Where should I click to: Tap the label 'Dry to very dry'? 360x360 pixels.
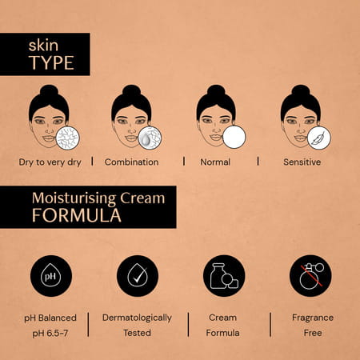point(50,162)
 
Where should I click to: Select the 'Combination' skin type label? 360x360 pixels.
point(131,162)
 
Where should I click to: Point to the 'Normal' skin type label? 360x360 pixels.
point(216,162)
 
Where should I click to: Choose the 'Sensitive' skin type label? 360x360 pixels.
point(302,162)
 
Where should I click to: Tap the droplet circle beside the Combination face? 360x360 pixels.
point(149,138)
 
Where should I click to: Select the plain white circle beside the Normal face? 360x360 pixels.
point(234,138)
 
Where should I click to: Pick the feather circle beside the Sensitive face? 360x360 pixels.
point(319,138)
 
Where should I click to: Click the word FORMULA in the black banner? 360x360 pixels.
point(77,215)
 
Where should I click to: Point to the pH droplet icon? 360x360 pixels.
point(52,276)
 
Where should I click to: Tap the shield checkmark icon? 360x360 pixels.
point(137,276)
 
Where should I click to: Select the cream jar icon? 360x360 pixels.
point(224,276)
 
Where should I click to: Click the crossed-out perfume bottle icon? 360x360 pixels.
point(310,276)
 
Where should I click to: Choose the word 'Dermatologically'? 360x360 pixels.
point(137,318)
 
